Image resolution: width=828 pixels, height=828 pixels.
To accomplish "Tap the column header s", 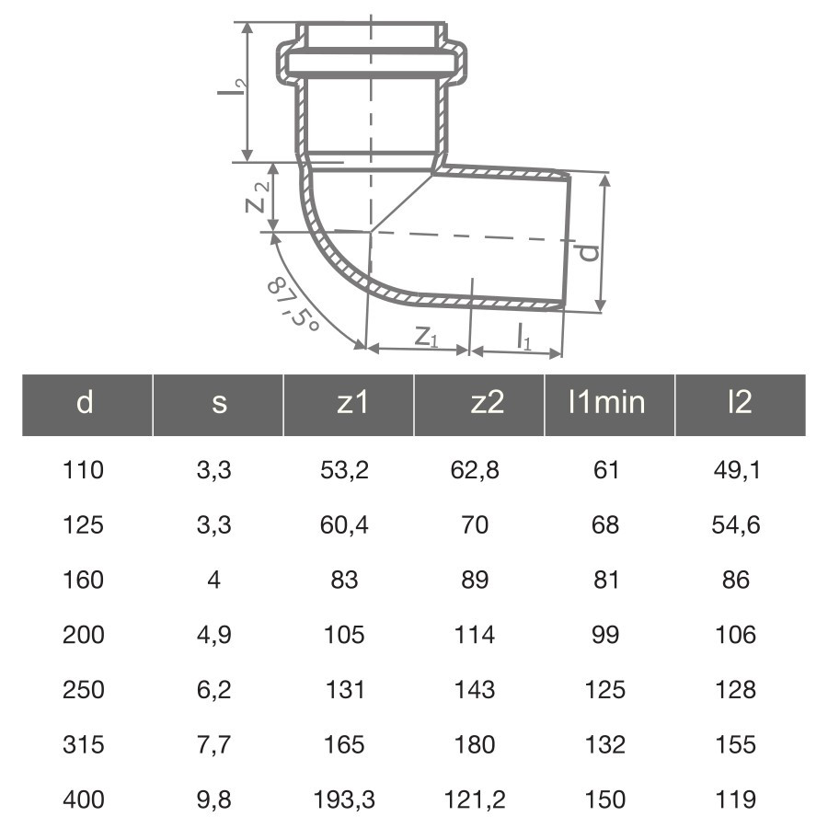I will coord(218,404).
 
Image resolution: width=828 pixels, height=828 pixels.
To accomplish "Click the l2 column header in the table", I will coord(739,404).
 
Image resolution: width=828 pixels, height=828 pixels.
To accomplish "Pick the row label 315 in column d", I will coord(84,744).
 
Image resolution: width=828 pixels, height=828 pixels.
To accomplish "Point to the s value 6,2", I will coord(214,690).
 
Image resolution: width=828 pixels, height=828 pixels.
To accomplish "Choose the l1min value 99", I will coord(605,635).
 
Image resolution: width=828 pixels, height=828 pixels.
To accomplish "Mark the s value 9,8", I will coord(214,799).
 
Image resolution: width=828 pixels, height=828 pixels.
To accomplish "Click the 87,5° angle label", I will coord(292,305).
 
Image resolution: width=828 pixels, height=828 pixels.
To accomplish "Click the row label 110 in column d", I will coord(84,471).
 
